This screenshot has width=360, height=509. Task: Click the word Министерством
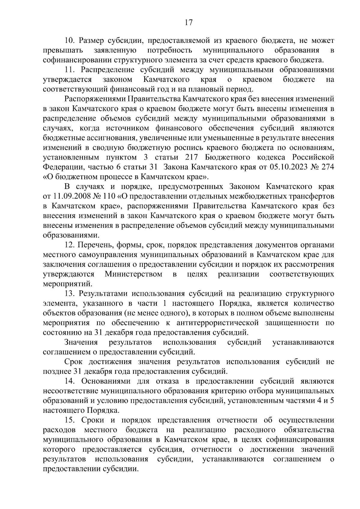[133, 274]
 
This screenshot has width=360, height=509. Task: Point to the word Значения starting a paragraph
[81, 342]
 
